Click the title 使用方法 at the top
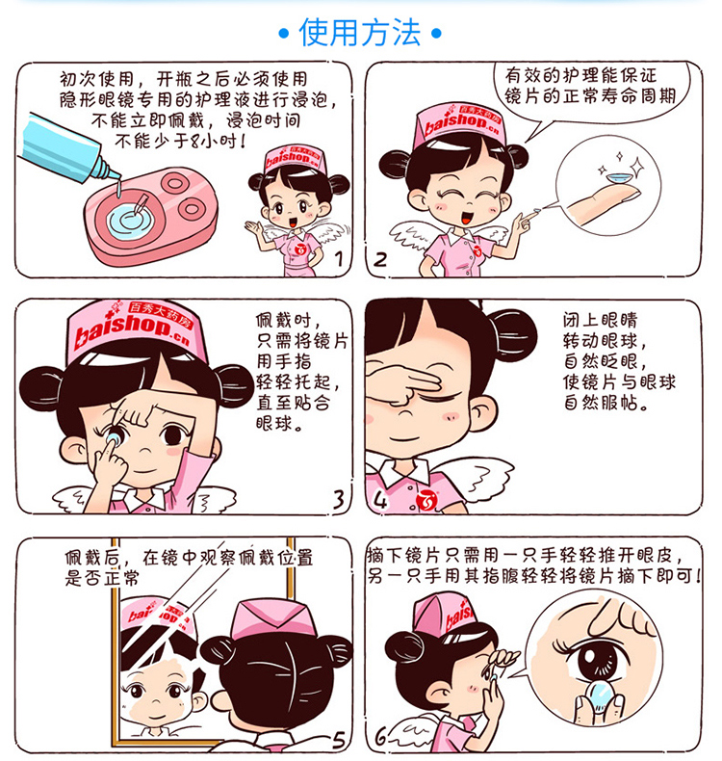click(360, 33)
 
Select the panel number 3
click(337, 499)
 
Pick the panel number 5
click(337, 739)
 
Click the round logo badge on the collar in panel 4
click(428, 499)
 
